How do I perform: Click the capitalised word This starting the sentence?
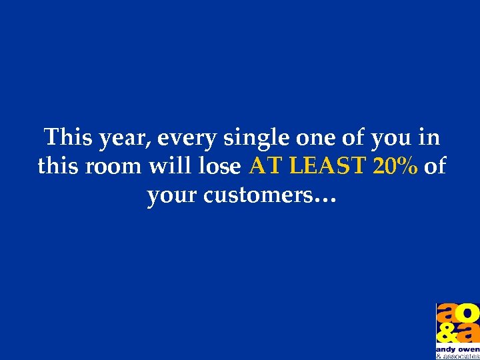69,137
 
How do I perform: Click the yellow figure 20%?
396,166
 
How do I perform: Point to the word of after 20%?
435,166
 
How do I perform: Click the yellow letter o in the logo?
468,313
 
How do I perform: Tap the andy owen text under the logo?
457,349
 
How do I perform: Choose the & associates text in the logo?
457,357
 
